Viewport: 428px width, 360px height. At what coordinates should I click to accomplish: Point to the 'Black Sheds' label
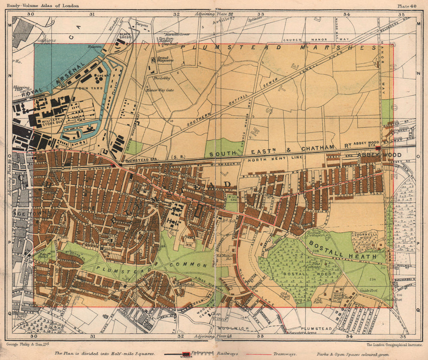coord(125,36)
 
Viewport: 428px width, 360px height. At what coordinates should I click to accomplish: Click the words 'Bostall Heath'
coord(342,250)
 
